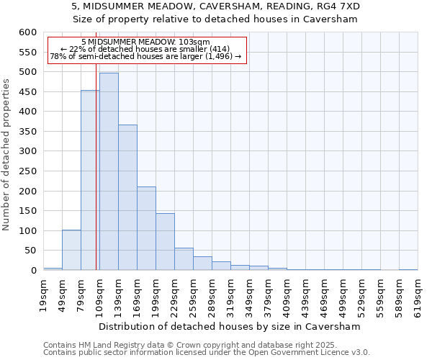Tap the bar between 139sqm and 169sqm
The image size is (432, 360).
[127, 197]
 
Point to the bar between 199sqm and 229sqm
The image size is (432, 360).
[165, 242]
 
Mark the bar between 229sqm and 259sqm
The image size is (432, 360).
[184, 259]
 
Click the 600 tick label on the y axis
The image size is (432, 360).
[27, 32]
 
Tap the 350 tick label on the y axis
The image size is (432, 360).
[27, 132]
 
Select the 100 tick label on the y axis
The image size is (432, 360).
[27, 231]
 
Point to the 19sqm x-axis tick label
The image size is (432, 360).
[44, 293]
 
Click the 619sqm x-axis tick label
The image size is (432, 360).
[418, 293]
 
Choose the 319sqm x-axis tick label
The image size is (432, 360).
[231, 293]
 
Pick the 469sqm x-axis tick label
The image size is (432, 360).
[325, 293]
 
